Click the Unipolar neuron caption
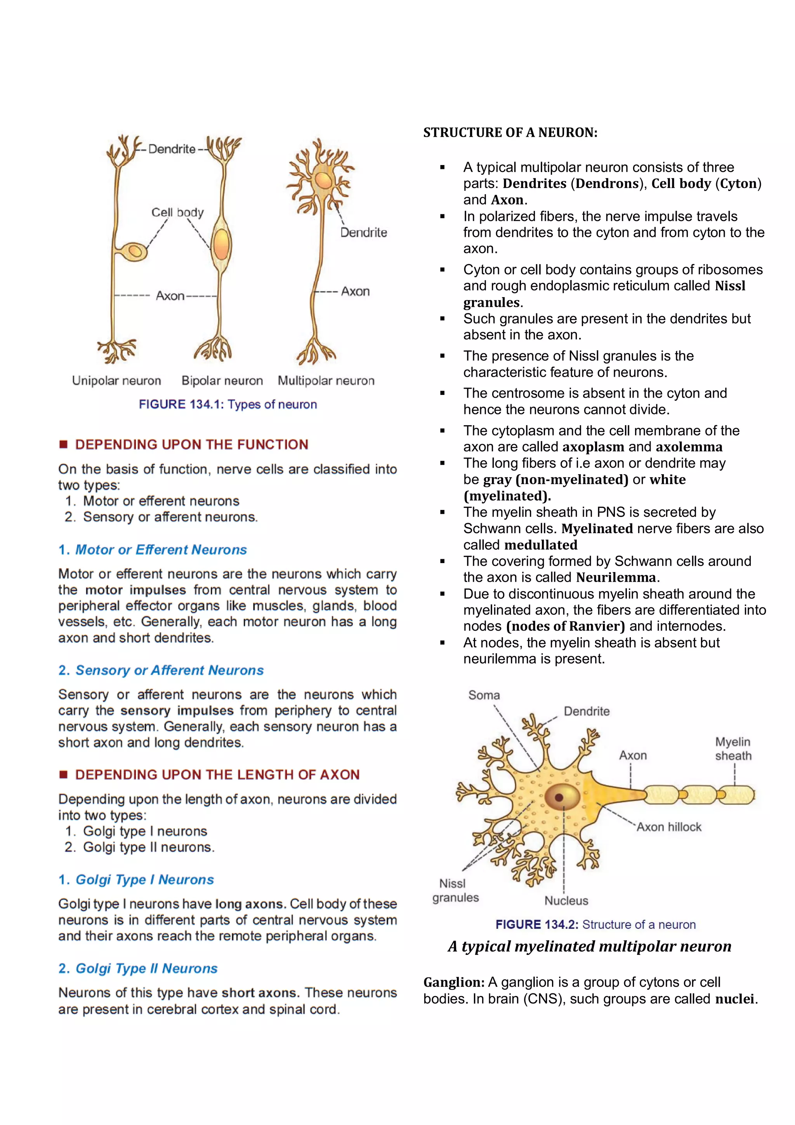pyautogui.click(x=116, y=381)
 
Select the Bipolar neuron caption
pyautogui.click(x=222, y=381)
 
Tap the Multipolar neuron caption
pyautogui.click(x=326, y=381)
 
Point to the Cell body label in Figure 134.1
pyautogui.click(x=177, y=212)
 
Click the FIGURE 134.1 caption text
pyautogui.click(x=228, y=404)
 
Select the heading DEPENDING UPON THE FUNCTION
pyautogui.click(x=191, y=444)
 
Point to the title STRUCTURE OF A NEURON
pyautogui.click(x=510, y=133)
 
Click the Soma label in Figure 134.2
pyautogui.click(x=484, y=695)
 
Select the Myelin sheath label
pyautogui.click(x=733, y=749)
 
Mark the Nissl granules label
pyautogui.click(x=455, y=890)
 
